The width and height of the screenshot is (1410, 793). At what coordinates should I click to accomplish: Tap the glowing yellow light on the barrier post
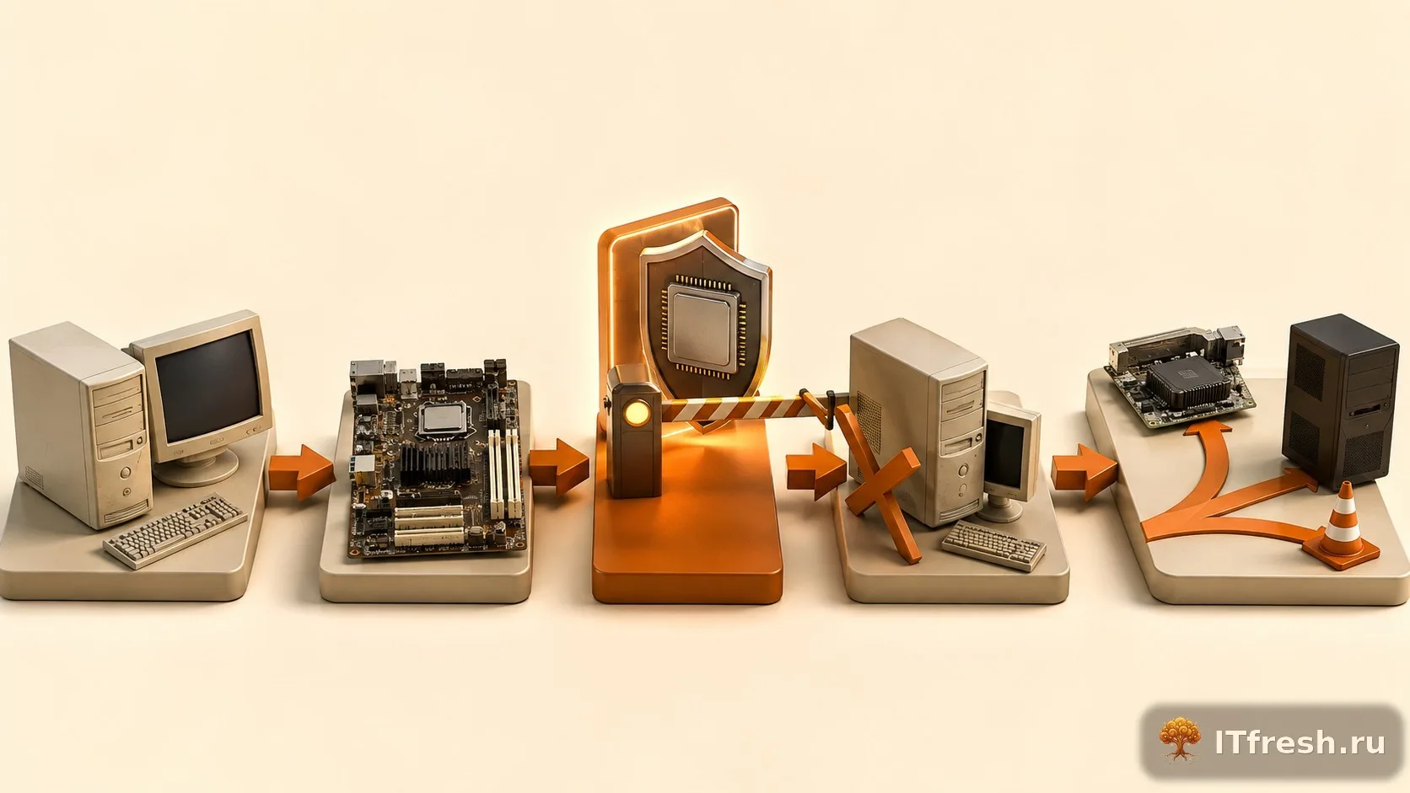pos(637,413)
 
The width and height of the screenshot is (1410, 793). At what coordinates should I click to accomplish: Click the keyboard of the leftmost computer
pos(175,529)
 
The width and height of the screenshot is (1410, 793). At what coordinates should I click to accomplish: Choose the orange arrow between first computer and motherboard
pos(302,472)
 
